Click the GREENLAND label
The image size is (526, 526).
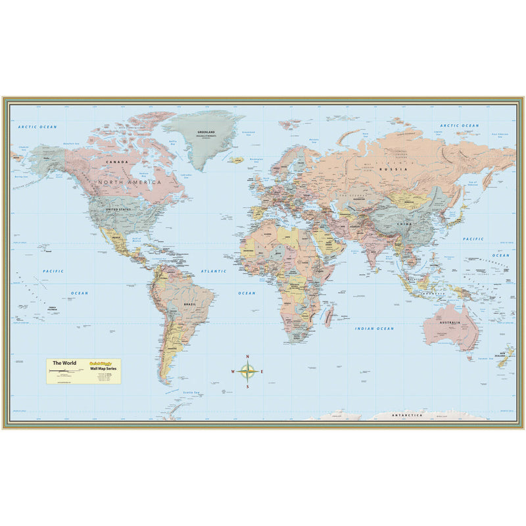[x=206, y=132]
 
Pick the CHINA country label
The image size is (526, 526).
[x=404, y=224]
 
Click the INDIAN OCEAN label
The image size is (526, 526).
[x=375, y=328]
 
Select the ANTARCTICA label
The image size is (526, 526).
[x=407, y=416]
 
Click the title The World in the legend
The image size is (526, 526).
[x=64, y=363]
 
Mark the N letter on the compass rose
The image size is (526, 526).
[x=247, y=357]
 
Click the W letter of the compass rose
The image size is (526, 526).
[x=233, y=371]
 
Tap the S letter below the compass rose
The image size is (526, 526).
[x=247, y=387]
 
